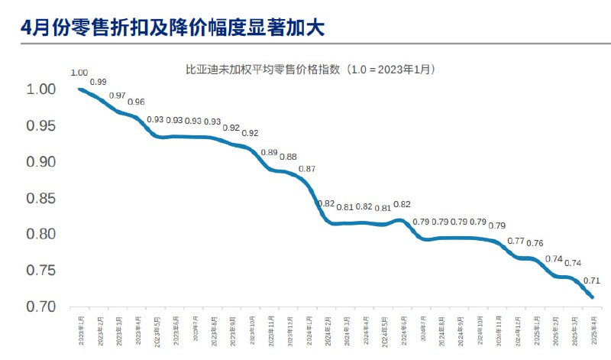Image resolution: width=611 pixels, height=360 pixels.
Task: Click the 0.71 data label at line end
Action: pyautogui.click(x=592, y=281)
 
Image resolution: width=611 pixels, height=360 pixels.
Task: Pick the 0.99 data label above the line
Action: pyautogui.click(x=98, y=82)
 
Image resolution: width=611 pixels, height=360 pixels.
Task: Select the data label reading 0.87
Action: pyautogui.click(x=307, y=168)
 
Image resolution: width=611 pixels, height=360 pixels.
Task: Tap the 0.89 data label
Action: pyautogui.click(x=269, y=153)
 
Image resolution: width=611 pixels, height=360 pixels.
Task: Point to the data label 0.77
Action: pyautogui.click(x=516, y=242)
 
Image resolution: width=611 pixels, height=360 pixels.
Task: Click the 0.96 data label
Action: pyautogui.click(x=136, y=102)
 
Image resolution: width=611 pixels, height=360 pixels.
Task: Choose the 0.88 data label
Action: pyautogui.click(x=288, y=157)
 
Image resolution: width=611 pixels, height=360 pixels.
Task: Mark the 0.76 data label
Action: pyautogui.click(x=535, y=244)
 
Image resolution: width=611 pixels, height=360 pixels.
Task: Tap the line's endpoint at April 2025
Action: pyautogui.click(x=593, y=297)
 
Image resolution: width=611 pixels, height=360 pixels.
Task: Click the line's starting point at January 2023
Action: pyautogui.click(x=79, y=89)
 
